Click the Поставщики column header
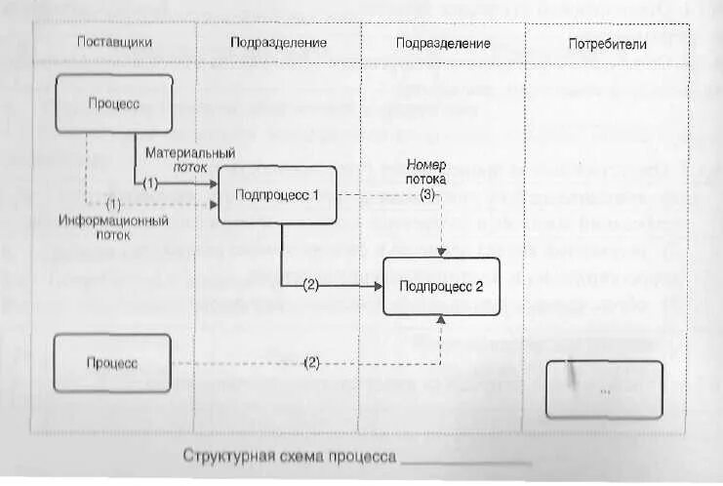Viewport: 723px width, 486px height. [x=114, y=43]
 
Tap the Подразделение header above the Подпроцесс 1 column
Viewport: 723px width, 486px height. [x=278, y=43]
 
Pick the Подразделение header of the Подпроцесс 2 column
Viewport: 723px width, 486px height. [x=443, y=43]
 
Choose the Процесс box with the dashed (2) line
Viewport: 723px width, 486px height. [x=111, y=363]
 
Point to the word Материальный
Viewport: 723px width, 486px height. [x=189, y=153]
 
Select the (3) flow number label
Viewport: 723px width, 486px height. [x=427, y=195]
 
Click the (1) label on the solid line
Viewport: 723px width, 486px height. [x=149, y=182]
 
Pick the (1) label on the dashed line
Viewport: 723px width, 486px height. [x=113, y=205]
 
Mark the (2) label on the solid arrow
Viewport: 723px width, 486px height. [x=310, y=286]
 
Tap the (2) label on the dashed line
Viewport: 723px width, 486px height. [x=311, y=363]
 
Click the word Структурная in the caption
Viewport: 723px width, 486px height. [x=222, y=457]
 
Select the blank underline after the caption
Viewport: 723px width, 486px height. [x=466, y=461]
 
